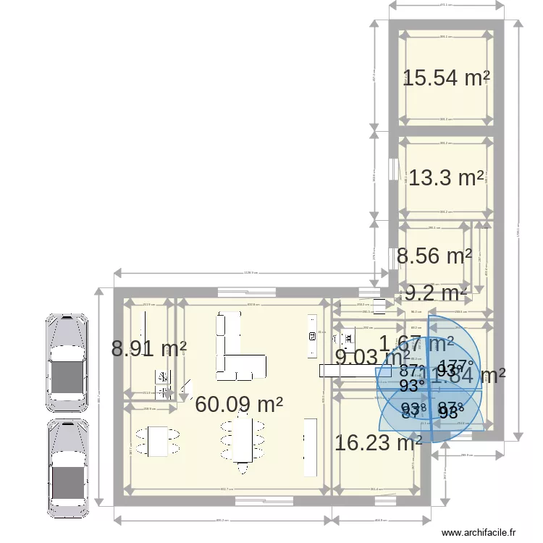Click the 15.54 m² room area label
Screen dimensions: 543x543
tap(446, 78)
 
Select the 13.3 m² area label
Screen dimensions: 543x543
tap(446, 177)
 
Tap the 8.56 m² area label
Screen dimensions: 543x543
tap(434, 256)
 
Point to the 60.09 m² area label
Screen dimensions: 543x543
tap(239, 405)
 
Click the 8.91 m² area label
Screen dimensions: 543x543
tap(148, 349)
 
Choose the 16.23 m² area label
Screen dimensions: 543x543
tap(378, 442)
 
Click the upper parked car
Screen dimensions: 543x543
tap(67, 360)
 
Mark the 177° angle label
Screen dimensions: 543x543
tap(457, 366)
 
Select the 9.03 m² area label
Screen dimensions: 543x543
tap(371, 357)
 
